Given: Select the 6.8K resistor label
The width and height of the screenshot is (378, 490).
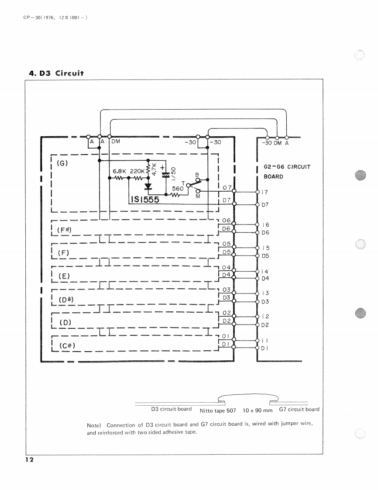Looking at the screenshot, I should pyautogui.click(x=119, y=172).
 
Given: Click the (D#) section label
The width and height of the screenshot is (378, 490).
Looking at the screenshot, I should pyautogui.click(x=67, y=299).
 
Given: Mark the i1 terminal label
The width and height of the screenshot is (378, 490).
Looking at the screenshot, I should pyautogui.click(x=264, y=339).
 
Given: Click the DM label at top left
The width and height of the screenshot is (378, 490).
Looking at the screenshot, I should pyautogui.click(x=116, y=141).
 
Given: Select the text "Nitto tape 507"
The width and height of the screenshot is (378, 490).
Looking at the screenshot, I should pyautogui.click(x=217, y=411).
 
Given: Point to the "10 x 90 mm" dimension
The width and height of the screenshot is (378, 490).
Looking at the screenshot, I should pyautogui.click(x=257, y=411).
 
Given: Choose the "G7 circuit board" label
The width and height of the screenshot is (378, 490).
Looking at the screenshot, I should pyautogui.click(x=299, y=409).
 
